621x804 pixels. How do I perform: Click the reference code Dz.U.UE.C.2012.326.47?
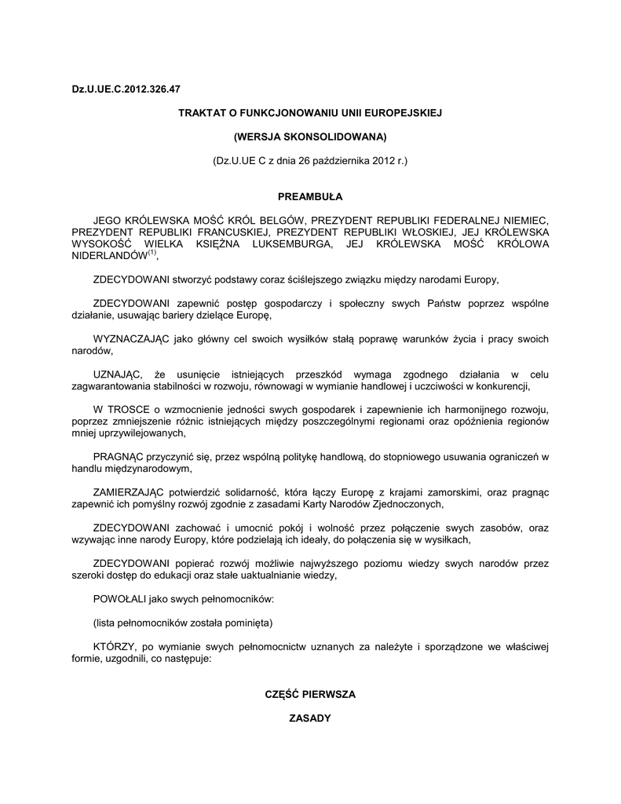coord(120,90)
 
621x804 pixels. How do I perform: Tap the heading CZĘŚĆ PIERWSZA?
coord(310,694)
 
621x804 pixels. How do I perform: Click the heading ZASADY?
coord(310,718)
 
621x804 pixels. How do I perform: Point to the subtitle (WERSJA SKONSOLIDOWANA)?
coord(310,137)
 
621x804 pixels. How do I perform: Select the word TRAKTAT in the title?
coord(203,114)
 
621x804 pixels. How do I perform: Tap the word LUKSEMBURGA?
coord(290,244)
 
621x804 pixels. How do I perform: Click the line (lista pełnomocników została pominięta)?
coord(183,622)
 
